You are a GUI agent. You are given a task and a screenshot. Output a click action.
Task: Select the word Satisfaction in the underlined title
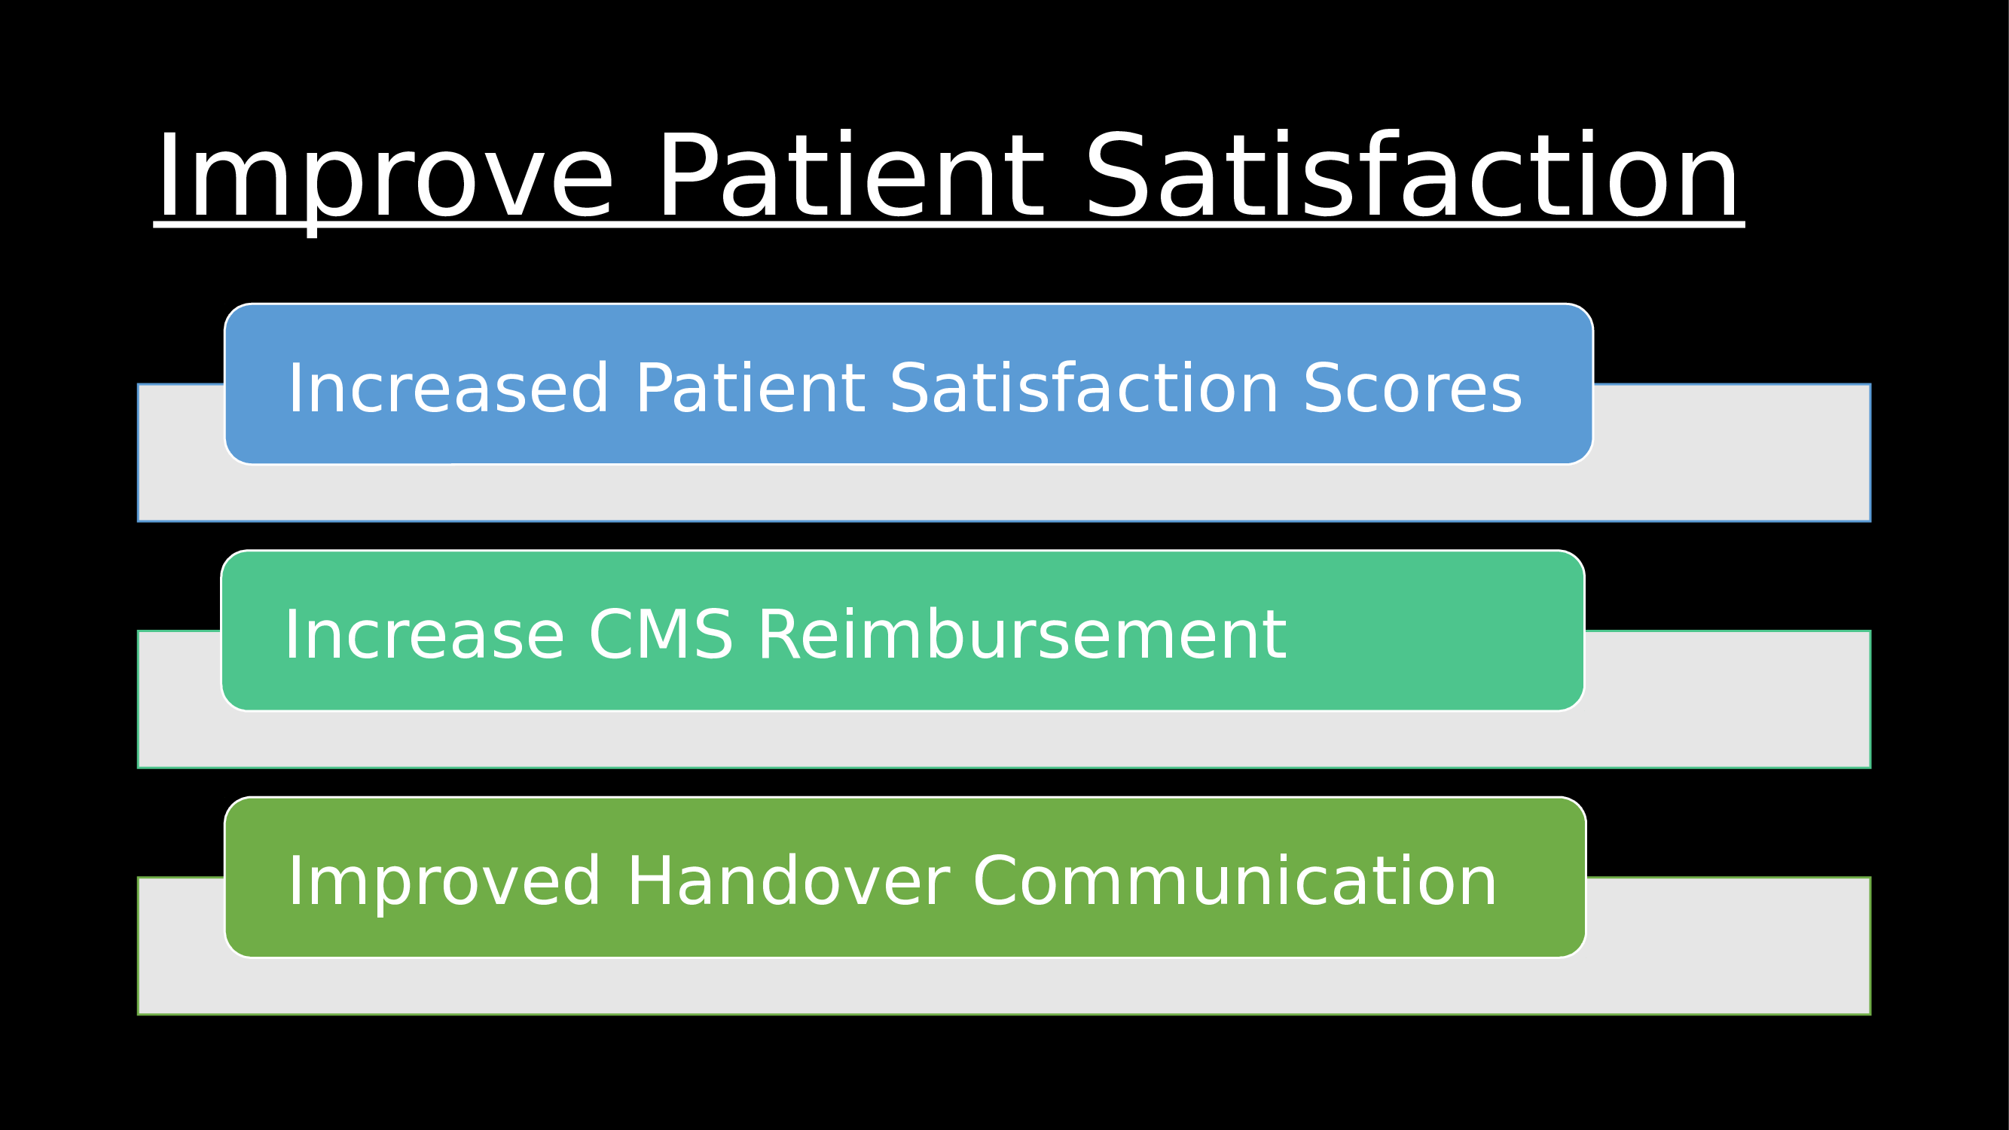point(1412,175)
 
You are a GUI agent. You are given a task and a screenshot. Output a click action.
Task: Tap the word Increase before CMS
point(424,635)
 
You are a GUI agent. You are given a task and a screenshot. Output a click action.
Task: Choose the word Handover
point(789,881)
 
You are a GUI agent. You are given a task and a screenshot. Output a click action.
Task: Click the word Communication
point(1235,881)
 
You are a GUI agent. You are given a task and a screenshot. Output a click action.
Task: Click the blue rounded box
point(908,383)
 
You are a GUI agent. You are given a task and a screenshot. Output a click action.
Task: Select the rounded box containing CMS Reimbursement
point(903,630)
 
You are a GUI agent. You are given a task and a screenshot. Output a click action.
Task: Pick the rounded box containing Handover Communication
point(905,878)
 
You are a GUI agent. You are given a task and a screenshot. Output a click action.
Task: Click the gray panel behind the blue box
point(1005,493)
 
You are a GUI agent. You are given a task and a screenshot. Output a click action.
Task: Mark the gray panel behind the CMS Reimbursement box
point(1005,740)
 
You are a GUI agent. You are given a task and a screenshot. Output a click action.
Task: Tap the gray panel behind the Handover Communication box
point(1005,988)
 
